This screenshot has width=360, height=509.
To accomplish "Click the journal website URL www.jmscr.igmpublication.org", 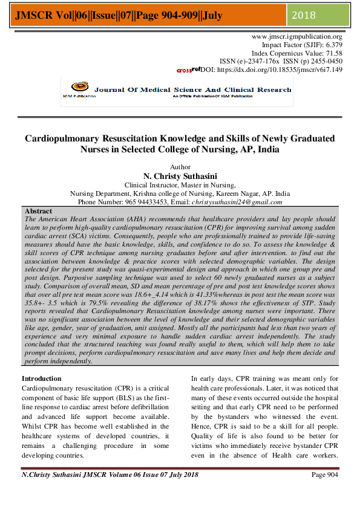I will (296, 37).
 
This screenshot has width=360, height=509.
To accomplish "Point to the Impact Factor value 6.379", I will (332, 45).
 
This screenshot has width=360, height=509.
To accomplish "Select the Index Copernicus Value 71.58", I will (331, 53).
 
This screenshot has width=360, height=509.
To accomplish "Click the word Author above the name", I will (180, 167).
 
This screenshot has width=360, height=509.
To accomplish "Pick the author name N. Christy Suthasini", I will (180, 176).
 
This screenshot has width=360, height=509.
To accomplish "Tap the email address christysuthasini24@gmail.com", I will (237, 202).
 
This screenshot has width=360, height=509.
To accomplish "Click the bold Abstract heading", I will (38, 211).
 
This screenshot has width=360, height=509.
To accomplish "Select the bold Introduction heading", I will (45, 377).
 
